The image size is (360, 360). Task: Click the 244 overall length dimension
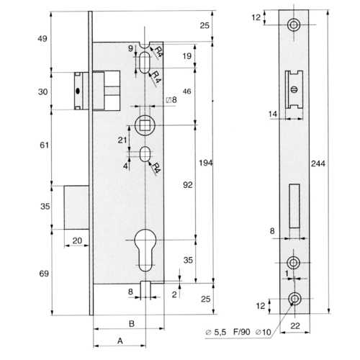click(x=318, y=163)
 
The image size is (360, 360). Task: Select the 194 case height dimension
click(x=206, y=163)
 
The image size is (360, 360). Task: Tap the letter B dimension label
click(x=132, y=324)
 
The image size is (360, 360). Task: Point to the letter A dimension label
click(x=120, y=341)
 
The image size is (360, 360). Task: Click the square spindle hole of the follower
click(x=145, y=125)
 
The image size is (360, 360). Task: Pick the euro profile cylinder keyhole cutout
click(x=145, y=251)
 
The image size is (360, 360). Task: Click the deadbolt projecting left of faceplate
click(x=76, y=207)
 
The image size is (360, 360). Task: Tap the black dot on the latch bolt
click(x=78, y=91)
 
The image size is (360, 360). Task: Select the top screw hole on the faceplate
click(x=294, y=24)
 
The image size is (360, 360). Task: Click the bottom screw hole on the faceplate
click(x=294, y=299)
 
